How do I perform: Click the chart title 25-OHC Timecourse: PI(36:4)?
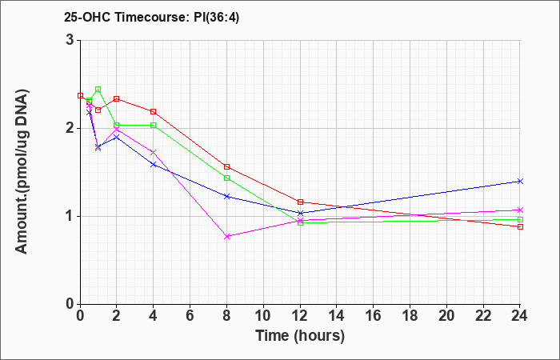tap(151, 17)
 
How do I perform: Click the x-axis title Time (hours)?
tap(300, 336)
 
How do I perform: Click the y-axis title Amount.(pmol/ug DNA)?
tap(22, 171)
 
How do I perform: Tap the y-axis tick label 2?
tap(70, 128)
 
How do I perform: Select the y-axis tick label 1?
tap(70, 217)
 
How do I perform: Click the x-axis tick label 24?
tap(520, 316)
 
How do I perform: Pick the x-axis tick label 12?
tap(300, 316)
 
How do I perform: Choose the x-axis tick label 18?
tap(410, 316)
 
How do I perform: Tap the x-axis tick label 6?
tap(190, 316)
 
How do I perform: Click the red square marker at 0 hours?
tap(80, 96)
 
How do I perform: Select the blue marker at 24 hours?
tap(520, 181)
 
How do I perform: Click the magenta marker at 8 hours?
tap(226, 237)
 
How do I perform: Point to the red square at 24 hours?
tap(520, 226)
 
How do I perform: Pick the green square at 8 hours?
tap(226, 178)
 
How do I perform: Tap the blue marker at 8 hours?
tap(226, 196)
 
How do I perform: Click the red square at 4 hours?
tap(154, 112)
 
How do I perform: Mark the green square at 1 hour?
tap(98, 90)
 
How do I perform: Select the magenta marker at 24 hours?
tap(520, 210)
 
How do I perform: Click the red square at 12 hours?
tap(300, 202)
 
